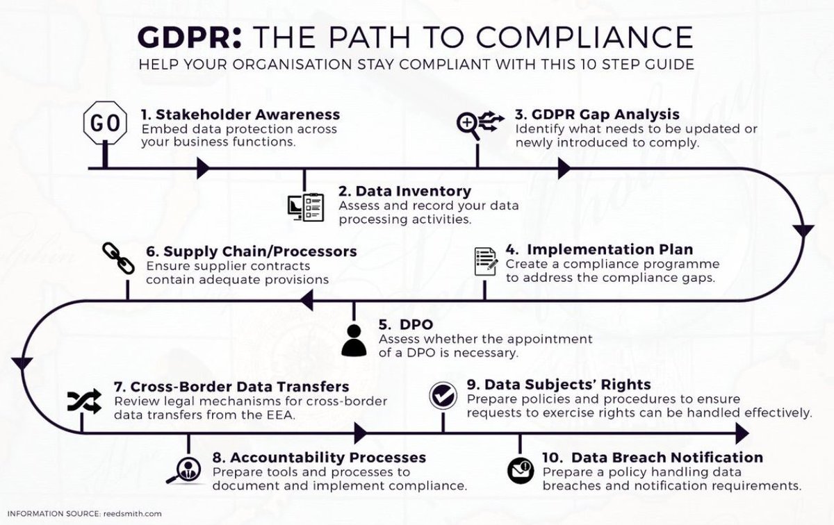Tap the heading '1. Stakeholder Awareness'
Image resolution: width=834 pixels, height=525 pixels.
click(240, 114)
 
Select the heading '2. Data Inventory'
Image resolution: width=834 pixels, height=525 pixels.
click(404, 190)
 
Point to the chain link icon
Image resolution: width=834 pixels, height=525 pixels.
click(117, 258)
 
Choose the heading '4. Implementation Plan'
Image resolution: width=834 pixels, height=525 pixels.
click(599, 249)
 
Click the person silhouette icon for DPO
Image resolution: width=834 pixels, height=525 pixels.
click(354, 340)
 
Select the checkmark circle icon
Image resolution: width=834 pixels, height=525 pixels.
click(442, 394)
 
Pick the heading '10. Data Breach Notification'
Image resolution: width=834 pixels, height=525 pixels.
click(653, 458)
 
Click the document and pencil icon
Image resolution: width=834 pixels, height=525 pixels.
click(486, 261)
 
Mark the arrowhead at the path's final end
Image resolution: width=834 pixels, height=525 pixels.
click(742, 435)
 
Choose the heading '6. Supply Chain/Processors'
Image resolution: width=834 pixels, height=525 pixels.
click(252, 250)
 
